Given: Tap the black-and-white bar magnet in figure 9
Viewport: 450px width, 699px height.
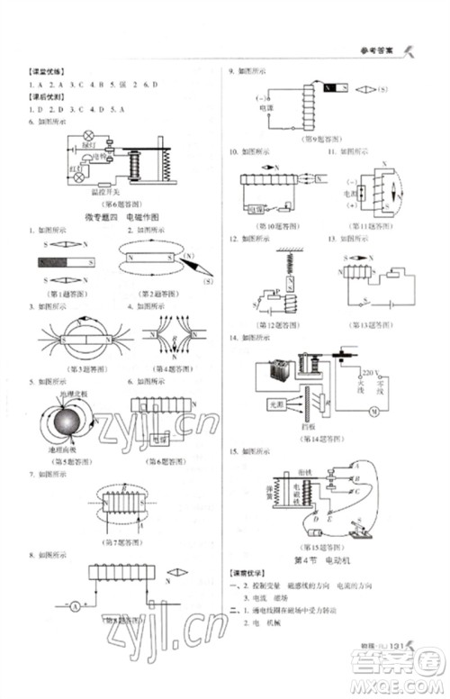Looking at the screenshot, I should pyautogui.click(x=334, y=88).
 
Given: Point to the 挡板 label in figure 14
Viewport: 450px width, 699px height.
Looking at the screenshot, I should pyautogui.click(x=308, y=425).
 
